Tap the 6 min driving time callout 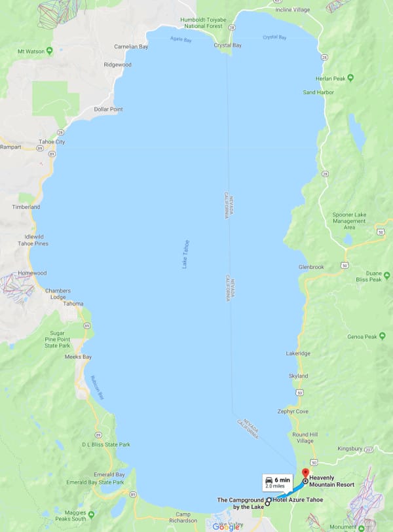pos(278,483)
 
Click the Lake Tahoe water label pos(185,254)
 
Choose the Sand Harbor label pos(318,92)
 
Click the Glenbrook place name pos(311,267)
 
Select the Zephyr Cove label pos(293,411)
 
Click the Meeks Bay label pos(78,357)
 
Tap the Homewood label pos(32,274)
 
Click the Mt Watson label pos(30,52)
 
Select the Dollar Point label pos(108,109)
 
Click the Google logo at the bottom pos(225,527)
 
